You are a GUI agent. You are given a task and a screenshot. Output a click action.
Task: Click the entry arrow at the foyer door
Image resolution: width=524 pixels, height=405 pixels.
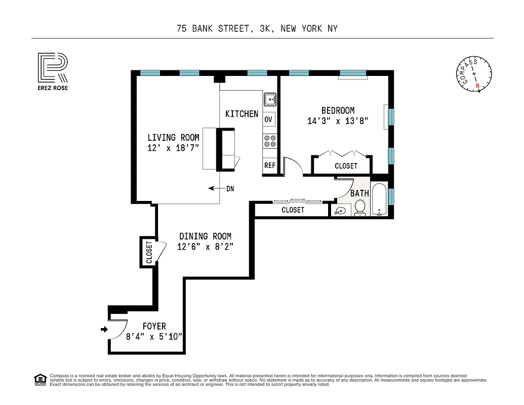pyautogui.click(x=105, y=329)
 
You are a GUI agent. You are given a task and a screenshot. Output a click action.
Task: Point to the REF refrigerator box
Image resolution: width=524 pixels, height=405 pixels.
pyautogui.click(x=269, y=165)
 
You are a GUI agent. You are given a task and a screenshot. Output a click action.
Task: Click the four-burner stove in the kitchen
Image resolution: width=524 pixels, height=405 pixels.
pyautogui.click(x=269, y=141)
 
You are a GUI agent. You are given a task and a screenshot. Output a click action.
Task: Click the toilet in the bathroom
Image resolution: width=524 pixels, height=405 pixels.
pyautogui.click(x=360, y=207)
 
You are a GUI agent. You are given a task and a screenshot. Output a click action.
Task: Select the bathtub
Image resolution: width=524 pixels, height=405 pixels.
pyautogui.click(x=379, y=200)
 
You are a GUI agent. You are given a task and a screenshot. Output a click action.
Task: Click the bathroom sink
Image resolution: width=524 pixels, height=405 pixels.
pyautogui.click(x=339, y=211)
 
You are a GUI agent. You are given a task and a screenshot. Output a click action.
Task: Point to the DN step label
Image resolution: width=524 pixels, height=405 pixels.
pyautogui.click(x=230, y=188)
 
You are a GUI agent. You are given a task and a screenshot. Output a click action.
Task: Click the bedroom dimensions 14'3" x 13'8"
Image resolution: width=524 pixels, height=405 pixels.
pyautogui.click(x=338, y=121)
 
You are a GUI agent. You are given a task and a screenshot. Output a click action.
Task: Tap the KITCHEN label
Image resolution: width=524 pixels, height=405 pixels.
pyautogui.click(x=241, y=114)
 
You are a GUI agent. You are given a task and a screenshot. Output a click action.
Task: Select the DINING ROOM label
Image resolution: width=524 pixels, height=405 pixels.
pyautogui.click(x=205, y=236)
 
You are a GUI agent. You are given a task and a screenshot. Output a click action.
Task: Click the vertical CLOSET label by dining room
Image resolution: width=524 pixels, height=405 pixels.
pyautogui.click(x=148, y=252)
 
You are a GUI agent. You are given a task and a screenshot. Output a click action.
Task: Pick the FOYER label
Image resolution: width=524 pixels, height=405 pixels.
pyautogui.click(x=154, y=326)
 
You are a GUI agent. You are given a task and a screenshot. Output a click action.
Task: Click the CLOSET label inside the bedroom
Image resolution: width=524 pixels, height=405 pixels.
pyautogui.click(x=346, y=166)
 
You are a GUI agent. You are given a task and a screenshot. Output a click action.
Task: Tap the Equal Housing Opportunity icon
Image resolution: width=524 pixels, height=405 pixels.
pyautogui.click(x=39, y=379)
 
